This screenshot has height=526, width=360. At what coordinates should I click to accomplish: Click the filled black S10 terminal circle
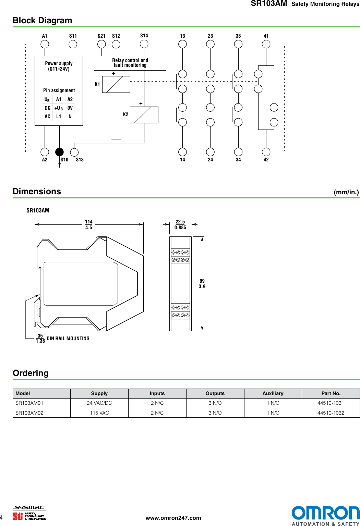pyautogui.click(x=60, y=152)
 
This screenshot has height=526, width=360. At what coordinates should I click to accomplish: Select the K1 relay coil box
pyautogui.click(x=116, y=84)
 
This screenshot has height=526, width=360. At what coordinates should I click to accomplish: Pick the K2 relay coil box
pyautogui.click(x=144, y=115)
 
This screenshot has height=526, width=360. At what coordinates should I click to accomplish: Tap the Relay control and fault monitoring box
pyautogui.click(x=130, y=63)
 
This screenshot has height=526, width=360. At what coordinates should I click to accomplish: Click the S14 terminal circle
pyautogui.click(x=144, y=44)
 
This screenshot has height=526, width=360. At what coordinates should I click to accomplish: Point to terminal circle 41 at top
pyautogui.click(x=266, y=44)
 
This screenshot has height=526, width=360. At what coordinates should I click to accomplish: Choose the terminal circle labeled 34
pyautogui.click(x=238, y=152)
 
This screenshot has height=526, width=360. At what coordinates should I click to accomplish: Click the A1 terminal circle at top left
pyautogui.click(x=45, y=44)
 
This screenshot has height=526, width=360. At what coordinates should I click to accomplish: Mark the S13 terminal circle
pyautogui.click(x=74, y=152)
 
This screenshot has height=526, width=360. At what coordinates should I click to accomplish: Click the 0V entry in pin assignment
pyautogui.click(x=70, y=108)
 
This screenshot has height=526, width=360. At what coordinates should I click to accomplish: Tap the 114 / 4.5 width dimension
pyautogui.click(x=89, y=225)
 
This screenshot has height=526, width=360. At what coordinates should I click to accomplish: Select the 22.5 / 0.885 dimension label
pyautogui.click(x=180, y=225)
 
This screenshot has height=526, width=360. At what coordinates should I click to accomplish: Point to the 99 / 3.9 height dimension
pyautogui.click(x=202, y=284)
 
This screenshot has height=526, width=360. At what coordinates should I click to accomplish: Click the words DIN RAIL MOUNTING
pyautogui.click(x=68, y=339)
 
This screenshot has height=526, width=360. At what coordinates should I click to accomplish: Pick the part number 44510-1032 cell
pyautogui.click(x=331, y=413)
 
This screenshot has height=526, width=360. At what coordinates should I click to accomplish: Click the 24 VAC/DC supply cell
pyautogui.click(x=99, y=403)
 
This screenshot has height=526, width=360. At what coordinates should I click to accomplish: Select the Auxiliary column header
pyautogui.click(x=273, y=393)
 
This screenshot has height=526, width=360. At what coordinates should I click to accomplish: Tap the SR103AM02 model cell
pyautogui.click(x=29, y=413)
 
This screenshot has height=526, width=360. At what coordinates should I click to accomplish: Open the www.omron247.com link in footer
pyautogui.click(x=173, y=518)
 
